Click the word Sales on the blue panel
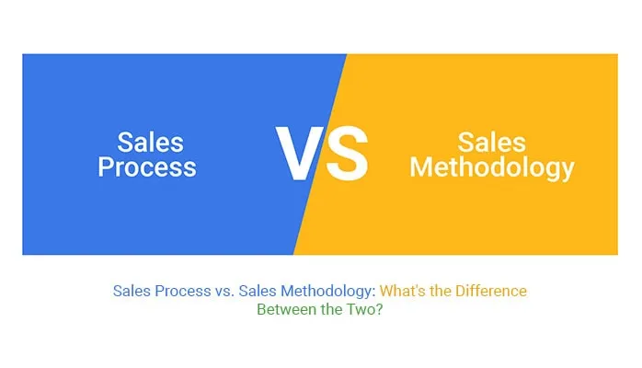coord(150,143)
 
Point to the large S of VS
coord(347,154)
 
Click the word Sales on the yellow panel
coord(491,143)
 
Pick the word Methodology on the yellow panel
coord(491,167)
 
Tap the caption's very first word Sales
coord(132,291)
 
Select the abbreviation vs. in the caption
coord(224,291)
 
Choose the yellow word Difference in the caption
coord(492,291)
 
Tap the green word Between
coord(283,310)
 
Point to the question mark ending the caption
coord(380,310)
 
